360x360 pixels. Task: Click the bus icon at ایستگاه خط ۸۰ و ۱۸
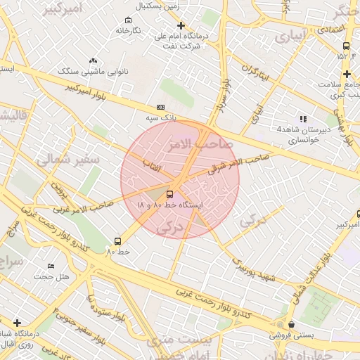pyautogui.click(x=169, y=194)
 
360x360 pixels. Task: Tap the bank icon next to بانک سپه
pyautogui.click(x=161, y=107)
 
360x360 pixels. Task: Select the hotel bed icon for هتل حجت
pyautogui.click(x=51, y=266)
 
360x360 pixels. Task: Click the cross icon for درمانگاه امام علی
pyautogui.click(x=181, y=25)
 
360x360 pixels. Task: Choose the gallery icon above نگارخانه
pyautogui.click(x=127, y=20)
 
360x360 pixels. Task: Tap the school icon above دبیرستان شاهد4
pyautogui.click(x=303, y=119)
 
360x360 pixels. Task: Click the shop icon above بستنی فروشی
pyautogui.click(x=291, y=324)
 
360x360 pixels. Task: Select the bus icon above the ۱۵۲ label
pyautogui.click(x=345, y=46)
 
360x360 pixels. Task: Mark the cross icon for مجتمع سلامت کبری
pyautogui.click(x=347, y=74)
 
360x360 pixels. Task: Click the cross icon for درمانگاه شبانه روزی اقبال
pyautogui.click(x=17, y=323)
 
